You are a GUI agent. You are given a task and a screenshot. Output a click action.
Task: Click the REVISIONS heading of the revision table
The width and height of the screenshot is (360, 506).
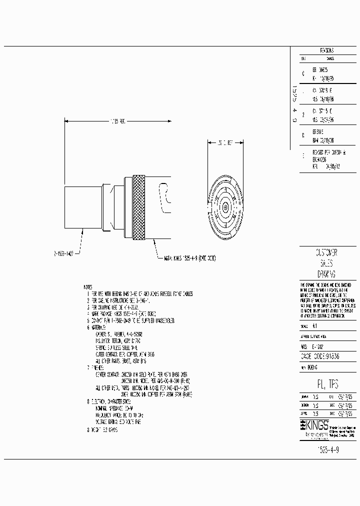coord(326,51)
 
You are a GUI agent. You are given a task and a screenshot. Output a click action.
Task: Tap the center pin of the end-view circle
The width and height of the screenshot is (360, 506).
coord(225,207)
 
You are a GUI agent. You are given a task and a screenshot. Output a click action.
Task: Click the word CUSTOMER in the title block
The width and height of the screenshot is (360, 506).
coord(326,252)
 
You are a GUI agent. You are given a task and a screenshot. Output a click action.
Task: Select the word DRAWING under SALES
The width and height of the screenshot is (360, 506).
coord(326,274)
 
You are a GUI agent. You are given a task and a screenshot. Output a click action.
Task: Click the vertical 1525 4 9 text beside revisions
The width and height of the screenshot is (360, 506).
coord(294,105)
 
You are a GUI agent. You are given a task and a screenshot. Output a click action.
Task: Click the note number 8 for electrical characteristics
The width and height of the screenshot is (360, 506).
coord(88,401)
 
